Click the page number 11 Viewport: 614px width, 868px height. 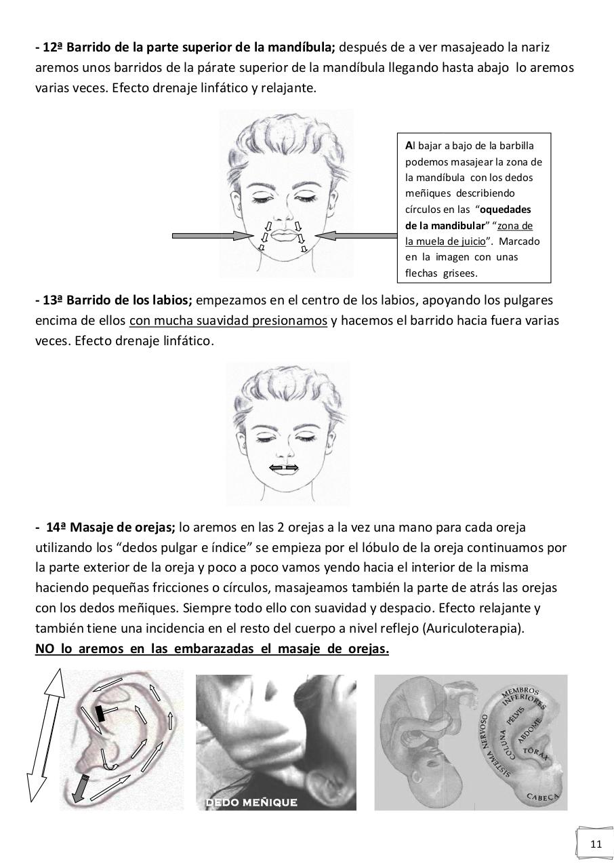[x=596, y=844]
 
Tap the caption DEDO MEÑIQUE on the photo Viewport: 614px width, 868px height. [x=251, y=803]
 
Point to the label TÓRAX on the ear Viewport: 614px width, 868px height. [x=535, y=753]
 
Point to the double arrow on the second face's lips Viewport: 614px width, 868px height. [x=284, y=467]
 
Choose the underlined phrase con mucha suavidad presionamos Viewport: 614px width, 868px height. [x=228, y=321]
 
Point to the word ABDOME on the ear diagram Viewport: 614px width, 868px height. [x=527, y=732]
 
